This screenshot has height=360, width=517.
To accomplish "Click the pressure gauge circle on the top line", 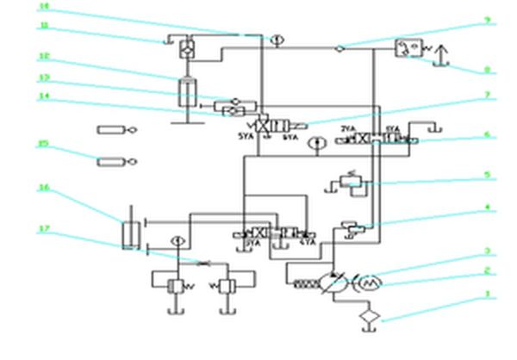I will click(x=275, y=39).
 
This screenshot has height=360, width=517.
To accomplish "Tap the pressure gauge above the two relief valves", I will click(x=177, y=240).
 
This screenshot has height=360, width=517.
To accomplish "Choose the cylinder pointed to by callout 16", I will click(x=131, y=233).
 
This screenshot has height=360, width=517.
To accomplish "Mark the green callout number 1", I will click(x=489, y=294).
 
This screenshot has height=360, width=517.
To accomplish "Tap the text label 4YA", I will click(x=306, y=243).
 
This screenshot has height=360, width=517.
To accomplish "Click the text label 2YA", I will click(x=347, y=130).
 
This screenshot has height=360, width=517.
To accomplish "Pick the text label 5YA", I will click(x=246, y=136).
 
